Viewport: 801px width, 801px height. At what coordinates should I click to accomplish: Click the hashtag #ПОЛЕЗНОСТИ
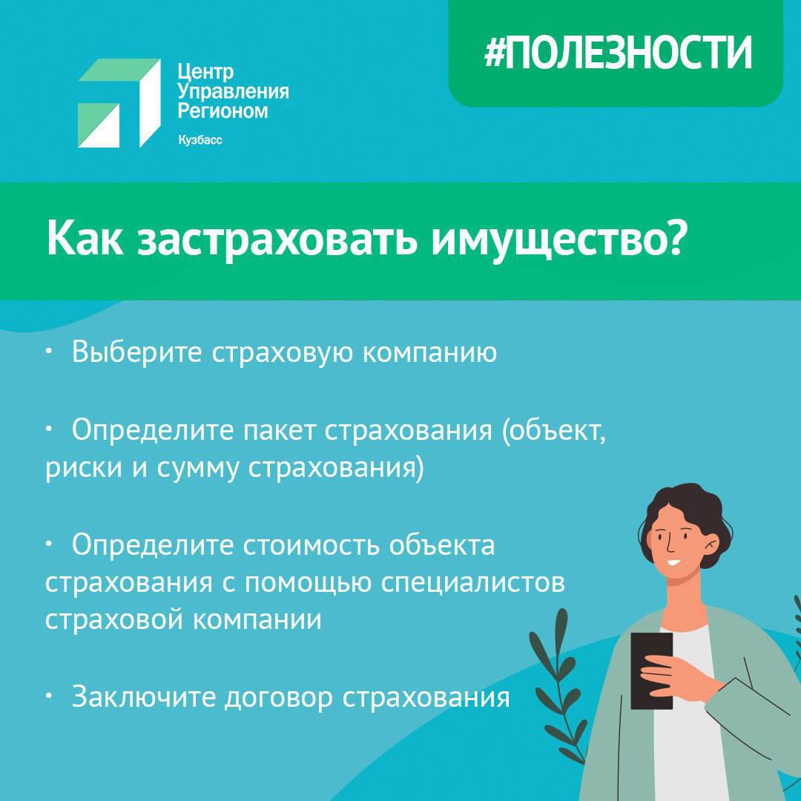pyautogui.click(x=618, y=53)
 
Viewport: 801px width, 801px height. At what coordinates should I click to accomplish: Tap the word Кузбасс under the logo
pyautogui.click(x=200, y=140)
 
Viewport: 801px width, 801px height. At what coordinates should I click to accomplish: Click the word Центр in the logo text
pyautogui.click(x=205, y=72)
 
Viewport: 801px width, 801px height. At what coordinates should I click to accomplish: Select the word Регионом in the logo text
pyautogui.click(x=222, y=111)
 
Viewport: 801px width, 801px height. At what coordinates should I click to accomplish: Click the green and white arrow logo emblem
pyautogui.click(x=119, y=103)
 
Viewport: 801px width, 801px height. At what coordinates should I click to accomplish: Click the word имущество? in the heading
pyautogui.click(x=557, y=240)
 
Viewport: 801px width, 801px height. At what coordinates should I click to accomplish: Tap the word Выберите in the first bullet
pyautogui.click(x=136, y=352)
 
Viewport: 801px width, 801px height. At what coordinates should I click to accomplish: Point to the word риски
pyautogui.click(x=84, y=469)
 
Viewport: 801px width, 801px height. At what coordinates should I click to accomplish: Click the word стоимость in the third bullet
pyautogui.click(x=311, y=545)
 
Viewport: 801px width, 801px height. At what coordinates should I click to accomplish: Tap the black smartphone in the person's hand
pyautogui.click(x=651, y=670)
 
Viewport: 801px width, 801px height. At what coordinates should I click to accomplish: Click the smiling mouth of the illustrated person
pyautogui.click(x=673, y=562)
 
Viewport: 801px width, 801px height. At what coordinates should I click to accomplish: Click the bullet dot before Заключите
pyautogui.click(x=48, y=696)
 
